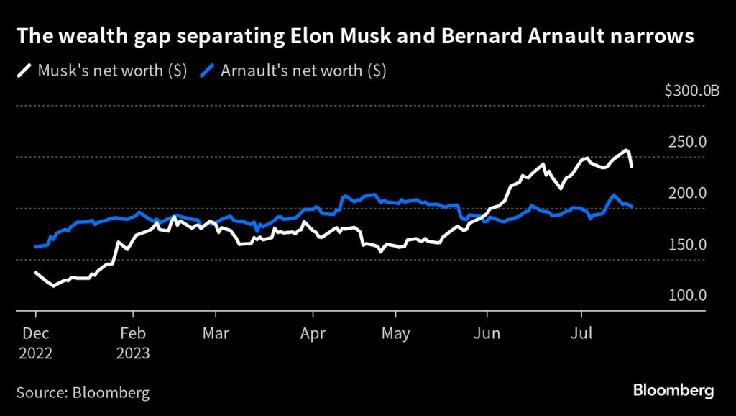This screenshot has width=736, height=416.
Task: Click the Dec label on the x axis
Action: click(36, 334)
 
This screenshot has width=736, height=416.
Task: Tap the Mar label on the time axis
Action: click(216, 334)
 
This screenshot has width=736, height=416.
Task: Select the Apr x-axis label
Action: click(313, 334)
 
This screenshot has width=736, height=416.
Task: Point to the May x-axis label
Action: click(395, 334)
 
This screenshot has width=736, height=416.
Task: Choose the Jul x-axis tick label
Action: click(581, 334)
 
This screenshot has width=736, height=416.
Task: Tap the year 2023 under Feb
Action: click(134, 353)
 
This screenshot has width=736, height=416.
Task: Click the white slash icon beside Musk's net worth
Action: click(25, 72)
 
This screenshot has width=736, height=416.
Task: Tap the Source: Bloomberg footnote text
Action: click(83, 392)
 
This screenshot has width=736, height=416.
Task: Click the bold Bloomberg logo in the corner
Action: click(673, 390)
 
